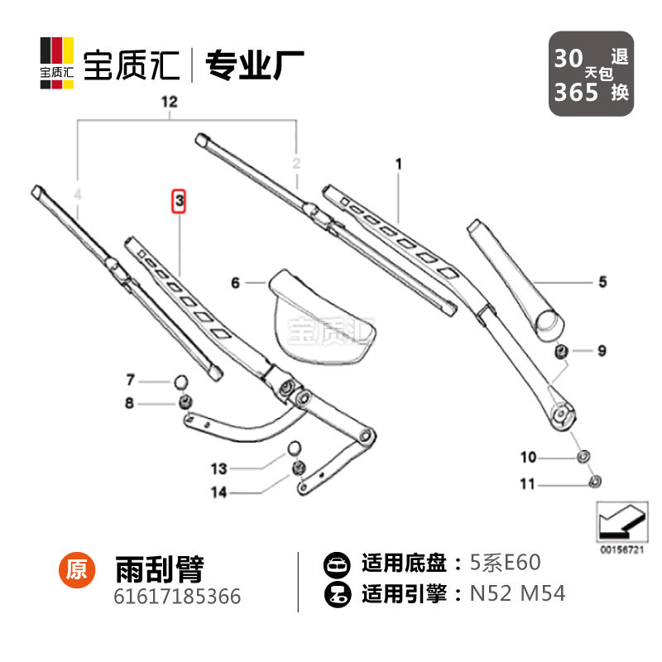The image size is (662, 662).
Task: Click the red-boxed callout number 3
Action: pos(179,201)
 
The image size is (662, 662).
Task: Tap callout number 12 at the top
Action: pos(169,103)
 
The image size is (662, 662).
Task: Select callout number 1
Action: pos(398,165)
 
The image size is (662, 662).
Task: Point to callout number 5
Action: pos(602,282)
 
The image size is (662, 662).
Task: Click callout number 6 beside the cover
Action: pos(236,283)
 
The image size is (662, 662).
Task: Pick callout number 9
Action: pos(602,351)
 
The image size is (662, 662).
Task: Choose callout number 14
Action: pos(218,492)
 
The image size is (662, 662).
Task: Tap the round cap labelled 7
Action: pos(181,381)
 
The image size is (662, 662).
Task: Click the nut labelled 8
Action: pos(185,403)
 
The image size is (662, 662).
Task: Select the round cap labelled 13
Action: pos(293,449)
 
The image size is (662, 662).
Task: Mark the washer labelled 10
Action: pos(582,457)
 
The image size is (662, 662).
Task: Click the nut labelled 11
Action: pos(593,482)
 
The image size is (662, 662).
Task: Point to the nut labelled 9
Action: pos(561,351)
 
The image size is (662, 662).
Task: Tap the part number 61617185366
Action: pos(177,596)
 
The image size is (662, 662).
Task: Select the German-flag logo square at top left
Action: pos(57,61)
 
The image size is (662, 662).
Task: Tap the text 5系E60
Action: pos(505,564)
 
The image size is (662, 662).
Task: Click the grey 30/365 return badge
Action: pos(592,74)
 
